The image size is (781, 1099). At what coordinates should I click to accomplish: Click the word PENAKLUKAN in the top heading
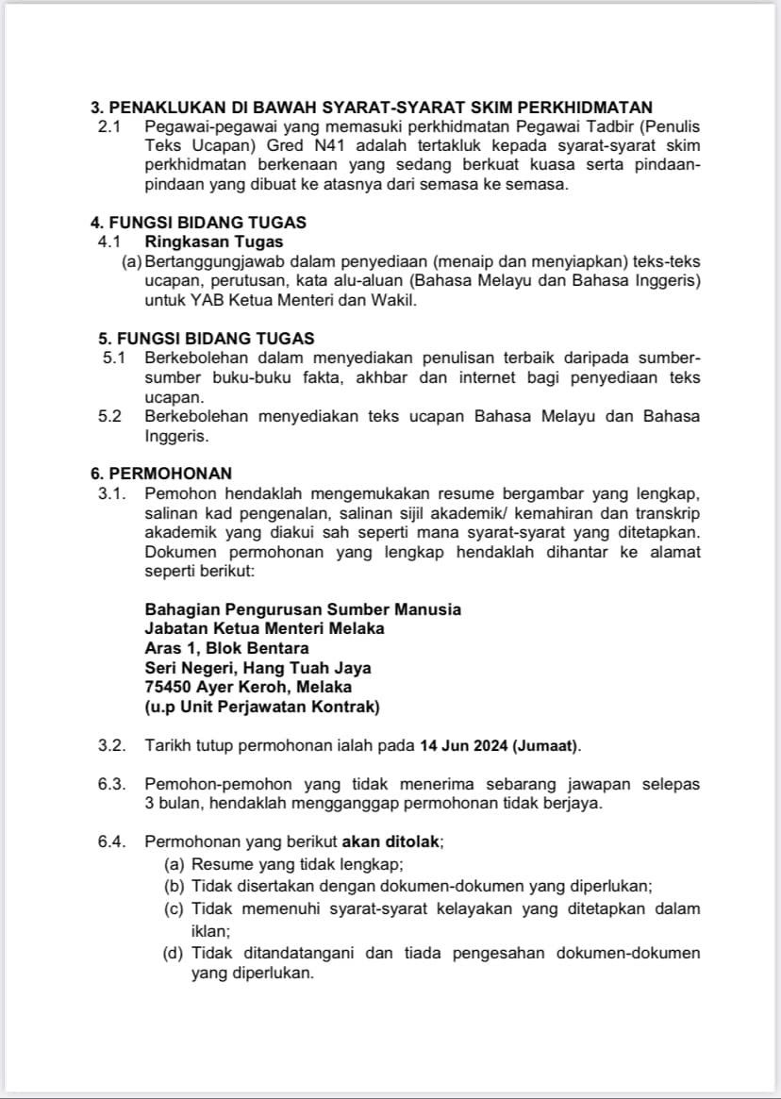pos(163,108)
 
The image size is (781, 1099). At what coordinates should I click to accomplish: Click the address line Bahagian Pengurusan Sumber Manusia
pos(303,609)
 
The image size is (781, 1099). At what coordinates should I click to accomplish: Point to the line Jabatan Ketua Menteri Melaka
pos(264,628)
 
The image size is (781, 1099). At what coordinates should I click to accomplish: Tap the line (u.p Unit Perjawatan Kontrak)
pos(262,707)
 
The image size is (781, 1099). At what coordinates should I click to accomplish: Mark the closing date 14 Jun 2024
pos(461,745)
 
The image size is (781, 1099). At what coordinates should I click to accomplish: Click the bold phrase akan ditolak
pos(390,842)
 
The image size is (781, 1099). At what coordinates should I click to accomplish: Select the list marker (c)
pos(174,909)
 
